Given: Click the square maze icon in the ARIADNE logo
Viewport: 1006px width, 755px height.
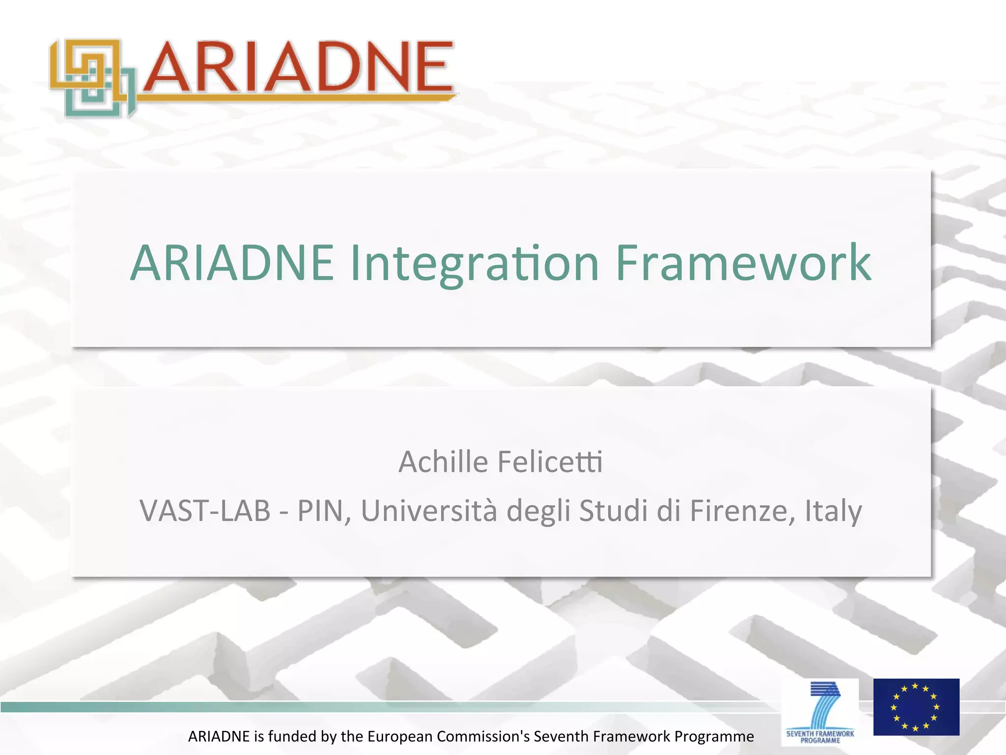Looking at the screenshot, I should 92,78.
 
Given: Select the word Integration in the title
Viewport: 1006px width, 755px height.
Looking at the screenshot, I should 475,264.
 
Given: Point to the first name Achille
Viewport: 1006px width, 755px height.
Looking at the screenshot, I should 443,462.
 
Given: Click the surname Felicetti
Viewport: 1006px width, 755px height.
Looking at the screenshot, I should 550,462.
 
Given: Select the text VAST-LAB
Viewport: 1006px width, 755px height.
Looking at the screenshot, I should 205,511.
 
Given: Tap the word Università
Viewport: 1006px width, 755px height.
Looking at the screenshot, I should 429,511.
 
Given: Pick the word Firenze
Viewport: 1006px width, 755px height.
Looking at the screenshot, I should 742,511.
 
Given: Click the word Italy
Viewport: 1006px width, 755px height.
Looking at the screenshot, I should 833,511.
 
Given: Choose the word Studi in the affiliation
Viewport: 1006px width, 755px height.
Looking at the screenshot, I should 614,511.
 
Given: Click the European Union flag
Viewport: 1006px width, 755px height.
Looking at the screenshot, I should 916,707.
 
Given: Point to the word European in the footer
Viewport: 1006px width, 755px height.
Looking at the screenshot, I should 400,736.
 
